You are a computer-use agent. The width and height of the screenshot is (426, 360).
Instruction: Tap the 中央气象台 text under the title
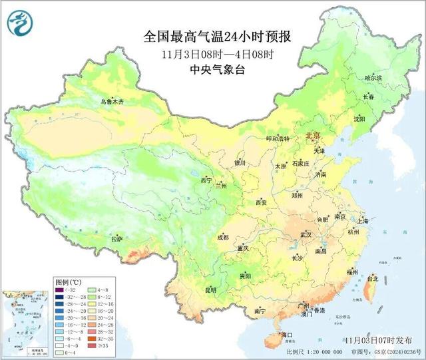217,69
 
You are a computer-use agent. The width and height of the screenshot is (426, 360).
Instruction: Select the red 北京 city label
313,135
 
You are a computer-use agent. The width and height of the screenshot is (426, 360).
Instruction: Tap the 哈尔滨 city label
373,79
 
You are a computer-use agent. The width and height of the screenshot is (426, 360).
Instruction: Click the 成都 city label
222,237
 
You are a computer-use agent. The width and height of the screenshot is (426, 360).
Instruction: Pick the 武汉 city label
306,235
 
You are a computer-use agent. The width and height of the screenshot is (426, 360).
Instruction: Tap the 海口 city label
287,334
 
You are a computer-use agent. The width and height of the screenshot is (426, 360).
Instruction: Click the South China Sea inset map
25,323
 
